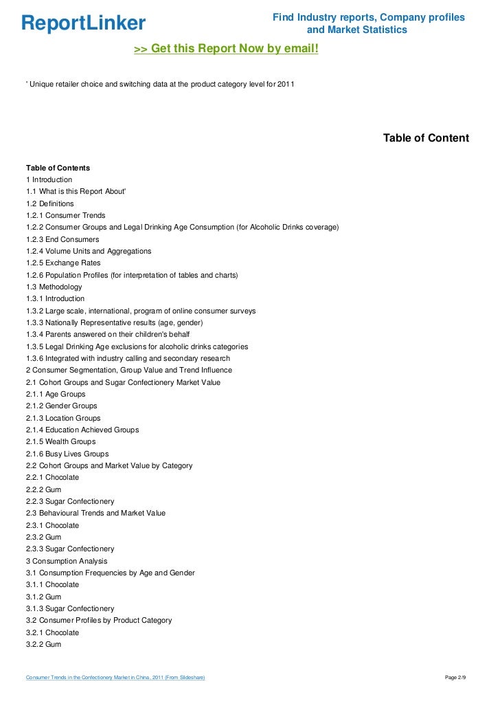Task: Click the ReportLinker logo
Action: (83, 23)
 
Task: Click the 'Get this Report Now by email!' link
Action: (226, 49)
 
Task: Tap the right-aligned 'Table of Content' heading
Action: (426, 138)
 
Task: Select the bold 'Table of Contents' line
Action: (58, 168)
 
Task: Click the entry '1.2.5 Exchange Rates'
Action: (63, 263)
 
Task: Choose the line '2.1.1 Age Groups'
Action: (56, 394)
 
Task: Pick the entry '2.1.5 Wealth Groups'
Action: (60, 441)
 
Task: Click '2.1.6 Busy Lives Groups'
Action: (67, 454)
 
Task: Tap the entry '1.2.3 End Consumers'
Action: (62, 239)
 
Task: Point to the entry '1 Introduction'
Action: (49, 179)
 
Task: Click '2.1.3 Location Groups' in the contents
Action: (63, 418)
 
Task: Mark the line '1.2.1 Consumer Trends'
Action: (66, 215)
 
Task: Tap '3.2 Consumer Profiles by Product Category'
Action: (99, 620)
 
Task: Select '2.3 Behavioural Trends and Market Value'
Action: (95, 513)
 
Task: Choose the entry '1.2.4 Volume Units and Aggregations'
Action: (89, 251)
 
